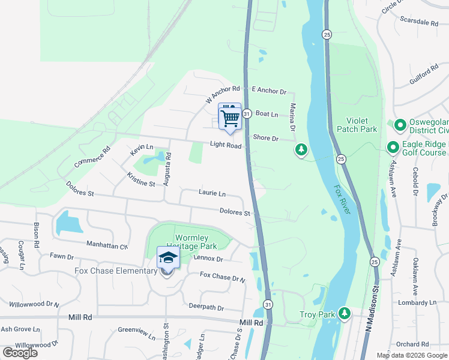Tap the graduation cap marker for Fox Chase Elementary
[x=168, y=259]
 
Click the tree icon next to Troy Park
[x=345, y=313]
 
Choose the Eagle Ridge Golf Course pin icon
[x=393, y=146]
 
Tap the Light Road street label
[x=226, y=145]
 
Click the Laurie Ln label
[x=212, y=193]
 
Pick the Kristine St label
[x=141, y=179]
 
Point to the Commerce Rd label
[x=93, y=157]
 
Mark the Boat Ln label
[x=267, y=114]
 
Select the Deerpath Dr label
[x=206, y=308]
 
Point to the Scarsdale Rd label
[x=418, y=22]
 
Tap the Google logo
[x=20, y=352]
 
